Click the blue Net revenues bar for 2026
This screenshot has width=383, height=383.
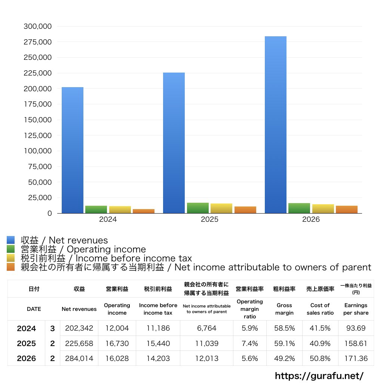[276, 125]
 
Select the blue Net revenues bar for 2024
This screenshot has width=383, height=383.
[73, 150]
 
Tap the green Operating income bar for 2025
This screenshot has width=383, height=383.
[198, 208]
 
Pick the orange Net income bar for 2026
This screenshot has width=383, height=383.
[347, 209]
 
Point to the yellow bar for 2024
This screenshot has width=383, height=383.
[120, 210]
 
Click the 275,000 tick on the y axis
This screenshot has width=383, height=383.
[38, 42]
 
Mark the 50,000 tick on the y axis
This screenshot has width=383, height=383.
[40, 182]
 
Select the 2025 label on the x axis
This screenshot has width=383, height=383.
[209, 219]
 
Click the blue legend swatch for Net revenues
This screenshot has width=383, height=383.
[11, 240]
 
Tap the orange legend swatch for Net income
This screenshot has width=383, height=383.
[11, 267]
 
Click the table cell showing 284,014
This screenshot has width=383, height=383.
[79, 358]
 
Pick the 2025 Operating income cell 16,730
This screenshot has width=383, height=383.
[117, 343]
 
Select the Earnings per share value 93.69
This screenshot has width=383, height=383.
[356, 328]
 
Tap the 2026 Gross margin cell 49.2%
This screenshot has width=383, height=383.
[284, 358]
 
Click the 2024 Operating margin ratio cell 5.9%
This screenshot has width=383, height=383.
[249, 328]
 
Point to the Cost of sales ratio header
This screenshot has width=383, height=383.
[320, 309]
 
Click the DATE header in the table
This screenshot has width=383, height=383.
[34, 309]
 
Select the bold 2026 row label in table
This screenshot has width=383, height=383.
[27, 358]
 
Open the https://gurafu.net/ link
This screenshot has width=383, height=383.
[319, 376]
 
